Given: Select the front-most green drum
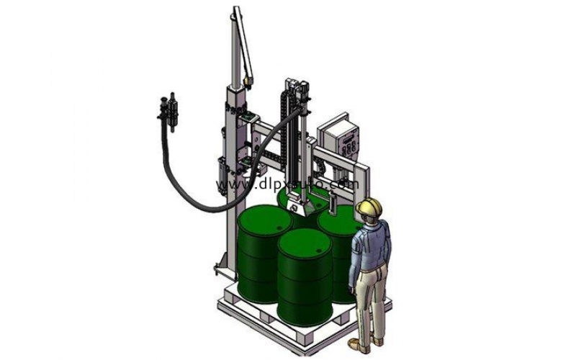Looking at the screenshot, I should click(304, 274).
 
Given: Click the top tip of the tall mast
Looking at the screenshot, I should click(235, 10).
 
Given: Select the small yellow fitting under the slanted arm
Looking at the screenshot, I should click(246, 82).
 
